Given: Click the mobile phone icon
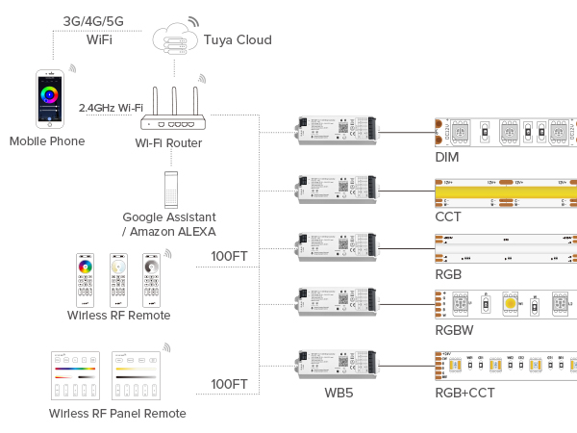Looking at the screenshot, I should point(46,98).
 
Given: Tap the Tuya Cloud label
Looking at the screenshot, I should point(237,39).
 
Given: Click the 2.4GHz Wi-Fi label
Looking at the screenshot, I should point(111,108).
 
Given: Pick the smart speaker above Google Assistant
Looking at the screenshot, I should point(170,189).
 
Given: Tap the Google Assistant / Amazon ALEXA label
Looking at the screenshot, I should point(170,224).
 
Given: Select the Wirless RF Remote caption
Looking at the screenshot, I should point(119,316).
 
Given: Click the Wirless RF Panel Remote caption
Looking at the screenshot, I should point(117,414).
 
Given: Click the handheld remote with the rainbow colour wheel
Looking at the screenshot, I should point(86,278).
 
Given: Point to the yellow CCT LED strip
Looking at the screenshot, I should point(505,190).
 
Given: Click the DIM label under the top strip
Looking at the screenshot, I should point(447,157).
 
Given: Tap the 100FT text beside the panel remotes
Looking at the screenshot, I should point(229,384).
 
